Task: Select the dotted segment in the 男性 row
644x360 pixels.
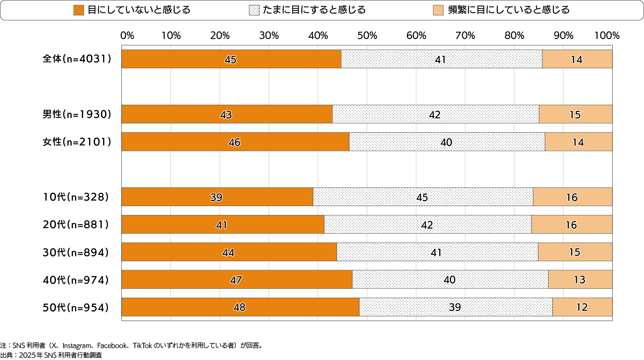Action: pyautogui.click(x=435, y=114)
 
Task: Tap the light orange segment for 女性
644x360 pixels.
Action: pyautogui.click(x=578, y=142)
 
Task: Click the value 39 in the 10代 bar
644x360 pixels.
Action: pyautogui.click(x=216, y=197)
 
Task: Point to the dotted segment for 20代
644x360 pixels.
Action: pyautogui.click(x=427, y=224)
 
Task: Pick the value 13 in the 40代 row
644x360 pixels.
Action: pyautogui.click(x=580, y=279)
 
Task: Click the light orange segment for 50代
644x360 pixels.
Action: pyautogui.click(x=582, y=307)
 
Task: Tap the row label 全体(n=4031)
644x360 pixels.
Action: pyautogui.click(x=77, y=59)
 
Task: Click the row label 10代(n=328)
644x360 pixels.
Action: pyautogui.click(x=76, y=197)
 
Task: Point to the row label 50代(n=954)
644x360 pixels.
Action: pyautogui.click(x=76, y=307)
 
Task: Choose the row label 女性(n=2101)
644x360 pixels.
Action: pyautogui.click(x=77, y=142)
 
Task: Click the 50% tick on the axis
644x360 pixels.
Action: pyautogui.click(x=367, y=36)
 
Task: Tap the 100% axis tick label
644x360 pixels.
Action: pyautogui.click(x=607, y=36)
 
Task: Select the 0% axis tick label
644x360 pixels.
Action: pyautogui.click(x=127, y=36)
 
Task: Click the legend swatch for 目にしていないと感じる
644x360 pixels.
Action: pyautogui.click(x=78, y=10)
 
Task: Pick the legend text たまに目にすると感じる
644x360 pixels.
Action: pyautogui.click(x=314, y=10)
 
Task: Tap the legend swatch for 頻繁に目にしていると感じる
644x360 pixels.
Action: pyautogui.click(x=438, y=10)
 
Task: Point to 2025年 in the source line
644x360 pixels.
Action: pyautogui.click(x=31, y=355)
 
